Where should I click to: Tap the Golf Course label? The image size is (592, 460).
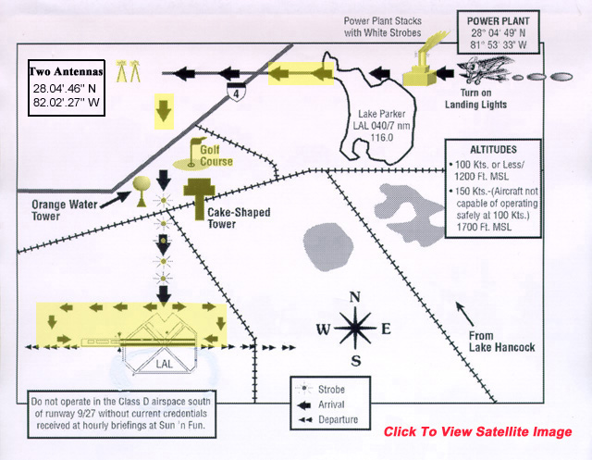click(212, 161)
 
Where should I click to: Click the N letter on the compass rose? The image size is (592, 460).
click(354, 297)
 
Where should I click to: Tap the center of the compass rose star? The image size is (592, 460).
click(354, 329)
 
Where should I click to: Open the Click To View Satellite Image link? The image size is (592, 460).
click(477, 432)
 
